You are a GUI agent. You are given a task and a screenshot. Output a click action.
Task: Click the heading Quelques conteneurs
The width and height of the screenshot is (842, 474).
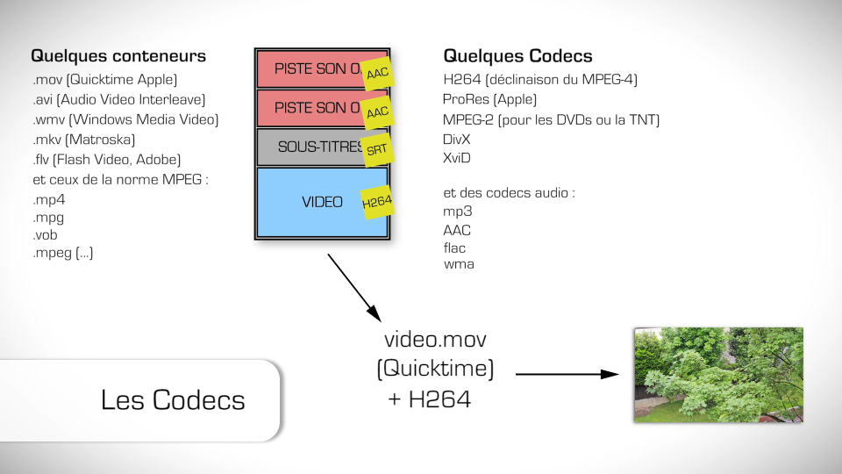[118, 56]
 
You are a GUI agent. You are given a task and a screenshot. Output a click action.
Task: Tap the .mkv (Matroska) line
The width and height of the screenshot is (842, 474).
[83, 140]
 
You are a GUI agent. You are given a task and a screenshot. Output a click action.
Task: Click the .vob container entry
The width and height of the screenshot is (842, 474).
[45, 235]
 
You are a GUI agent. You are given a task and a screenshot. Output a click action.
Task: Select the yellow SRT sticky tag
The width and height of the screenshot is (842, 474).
[376, 149]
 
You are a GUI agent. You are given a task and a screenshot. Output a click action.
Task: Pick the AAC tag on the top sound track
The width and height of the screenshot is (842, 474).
[377, 74]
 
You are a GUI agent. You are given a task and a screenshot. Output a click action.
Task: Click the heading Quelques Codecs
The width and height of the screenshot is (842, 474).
[517, 56]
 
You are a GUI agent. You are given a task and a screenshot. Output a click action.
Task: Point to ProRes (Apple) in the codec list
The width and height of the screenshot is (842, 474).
[489, 100]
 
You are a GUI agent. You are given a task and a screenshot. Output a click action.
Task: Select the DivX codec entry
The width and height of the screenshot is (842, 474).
[458, 140]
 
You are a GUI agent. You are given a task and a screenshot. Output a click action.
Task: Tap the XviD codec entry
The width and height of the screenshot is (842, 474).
[457, 159]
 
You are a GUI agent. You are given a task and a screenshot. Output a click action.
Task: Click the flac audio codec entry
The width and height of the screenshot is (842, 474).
[455, 248]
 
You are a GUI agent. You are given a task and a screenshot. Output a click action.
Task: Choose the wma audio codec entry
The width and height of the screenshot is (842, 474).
[459, 263]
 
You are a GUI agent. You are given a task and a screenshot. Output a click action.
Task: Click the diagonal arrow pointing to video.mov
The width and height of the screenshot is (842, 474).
[354, 287]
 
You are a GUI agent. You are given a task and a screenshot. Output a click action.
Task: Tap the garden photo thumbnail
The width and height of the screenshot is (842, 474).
[719, 376]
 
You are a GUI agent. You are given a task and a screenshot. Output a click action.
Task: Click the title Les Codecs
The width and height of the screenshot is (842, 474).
[173, 400]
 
